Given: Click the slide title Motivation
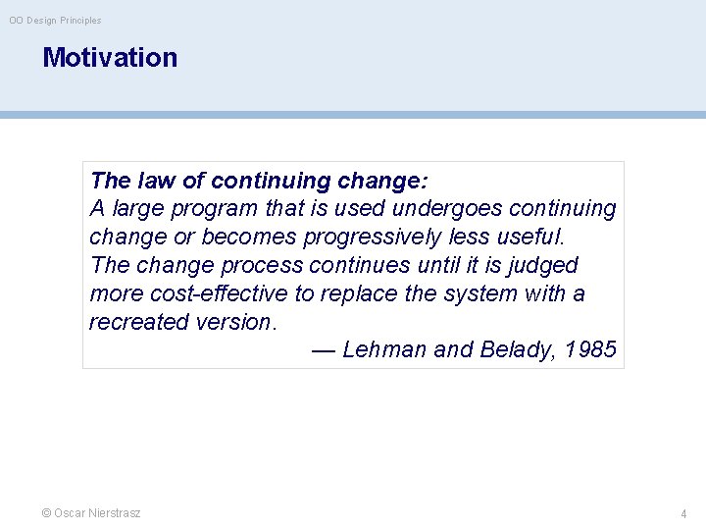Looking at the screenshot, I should point(110,57).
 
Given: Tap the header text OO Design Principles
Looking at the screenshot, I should point(55,21).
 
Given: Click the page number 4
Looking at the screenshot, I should point(683,513).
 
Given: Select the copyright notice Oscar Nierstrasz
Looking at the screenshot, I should point(91,513).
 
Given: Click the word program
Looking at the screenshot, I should point(222,209).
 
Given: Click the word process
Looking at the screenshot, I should point(263,266).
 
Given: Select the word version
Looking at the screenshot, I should point(232,322).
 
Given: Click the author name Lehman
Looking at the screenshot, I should point(384,350).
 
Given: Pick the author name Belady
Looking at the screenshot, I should point(516,350).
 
